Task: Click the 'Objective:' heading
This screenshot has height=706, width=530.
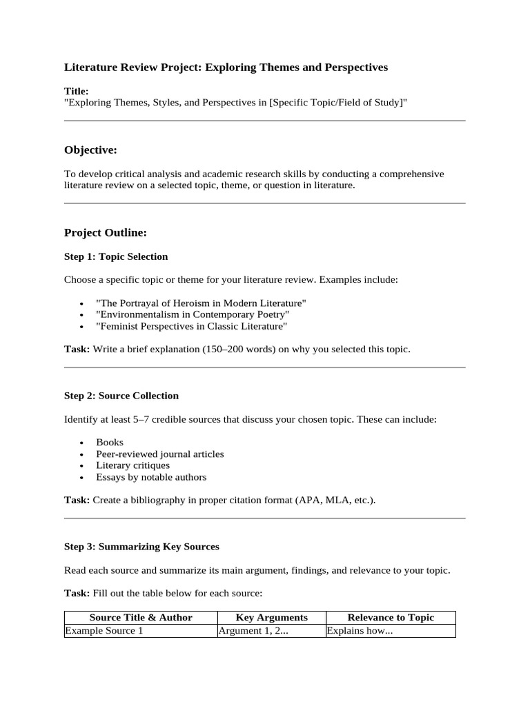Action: click(90, 150)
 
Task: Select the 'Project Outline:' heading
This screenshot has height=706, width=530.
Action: click(106, 233)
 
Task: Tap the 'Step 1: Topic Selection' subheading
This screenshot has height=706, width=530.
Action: click(116, 256)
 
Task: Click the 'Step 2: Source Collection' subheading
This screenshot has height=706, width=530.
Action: click(121, 396)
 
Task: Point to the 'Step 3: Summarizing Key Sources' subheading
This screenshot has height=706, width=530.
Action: click(141, 547)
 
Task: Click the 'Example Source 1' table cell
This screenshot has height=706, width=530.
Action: click(104, 631)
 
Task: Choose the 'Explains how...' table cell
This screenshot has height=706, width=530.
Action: click(360, 631)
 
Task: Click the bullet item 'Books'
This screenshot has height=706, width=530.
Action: click(110, 442)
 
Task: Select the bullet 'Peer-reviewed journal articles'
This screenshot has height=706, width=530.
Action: click(160, 454)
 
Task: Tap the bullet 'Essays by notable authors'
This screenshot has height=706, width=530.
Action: click(151, 477)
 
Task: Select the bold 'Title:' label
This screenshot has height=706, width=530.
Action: click(76, 91)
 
